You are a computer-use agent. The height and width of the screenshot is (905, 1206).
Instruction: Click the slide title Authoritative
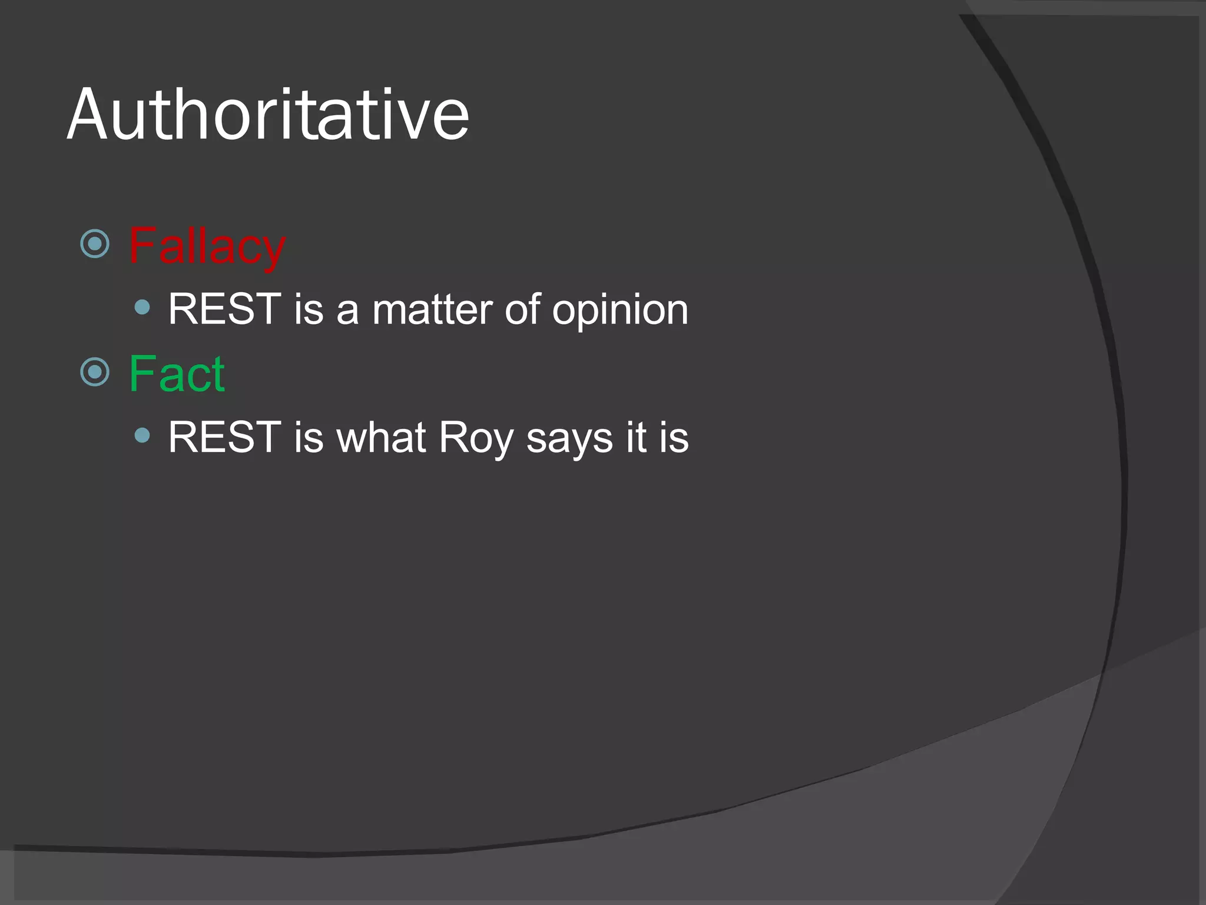[x=268, y=115]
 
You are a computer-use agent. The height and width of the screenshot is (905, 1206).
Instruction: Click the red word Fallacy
[x=207, y=246]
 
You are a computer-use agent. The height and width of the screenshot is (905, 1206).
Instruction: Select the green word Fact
[x=177, y=374]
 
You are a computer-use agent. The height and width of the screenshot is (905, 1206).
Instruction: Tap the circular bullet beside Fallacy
[x=95, y=243]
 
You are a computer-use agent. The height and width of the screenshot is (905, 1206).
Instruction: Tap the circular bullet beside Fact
[x=95, y=372]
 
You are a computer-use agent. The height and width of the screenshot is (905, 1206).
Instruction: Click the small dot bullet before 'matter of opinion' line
[x=142, y=307]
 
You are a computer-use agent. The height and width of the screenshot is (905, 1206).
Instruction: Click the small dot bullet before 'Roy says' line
[x=142, y=435]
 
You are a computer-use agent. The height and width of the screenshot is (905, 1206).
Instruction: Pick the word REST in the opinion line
[x=224, y=309]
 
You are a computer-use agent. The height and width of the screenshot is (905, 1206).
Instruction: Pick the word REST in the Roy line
[x=224, y=437]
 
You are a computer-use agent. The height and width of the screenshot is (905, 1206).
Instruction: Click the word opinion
[x=619, y=311]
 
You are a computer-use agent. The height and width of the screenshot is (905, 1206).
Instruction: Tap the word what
[x=380, y=437]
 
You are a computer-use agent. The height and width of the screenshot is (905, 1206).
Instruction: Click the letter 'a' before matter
[x=347, y=311]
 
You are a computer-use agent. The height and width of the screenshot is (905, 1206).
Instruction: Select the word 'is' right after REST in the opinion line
[x=309, y=309]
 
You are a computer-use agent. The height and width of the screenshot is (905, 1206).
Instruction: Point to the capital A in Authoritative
[x=90, y=115]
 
